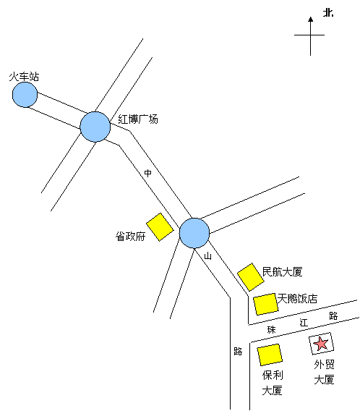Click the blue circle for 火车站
25,95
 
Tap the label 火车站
24,77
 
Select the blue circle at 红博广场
95,127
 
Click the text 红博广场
138,119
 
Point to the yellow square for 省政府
160,227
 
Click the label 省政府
130,236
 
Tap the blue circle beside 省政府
194,233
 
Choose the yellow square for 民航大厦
251,277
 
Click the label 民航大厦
283,271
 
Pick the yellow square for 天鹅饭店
265,304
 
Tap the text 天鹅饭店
297,299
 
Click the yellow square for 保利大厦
270,355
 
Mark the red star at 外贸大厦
321,344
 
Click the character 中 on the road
148,173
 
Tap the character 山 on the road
207,256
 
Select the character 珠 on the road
272,330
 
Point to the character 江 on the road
304,323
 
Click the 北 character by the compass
328,12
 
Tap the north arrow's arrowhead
311,20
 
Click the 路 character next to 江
333,316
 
